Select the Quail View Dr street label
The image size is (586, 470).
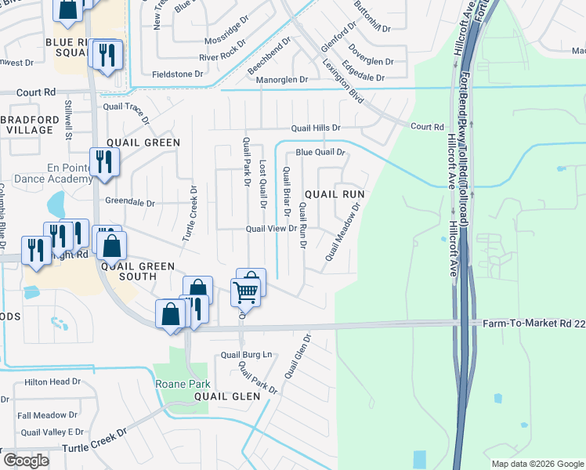[x=270, y=229]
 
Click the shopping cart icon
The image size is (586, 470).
[x=246, y=292]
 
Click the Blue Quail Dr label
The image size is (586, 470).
[x=320, y=153]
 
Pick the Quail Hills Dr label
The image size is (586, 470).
[x=316, y=128]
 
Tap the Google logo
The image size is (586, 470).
[x=26, y=461]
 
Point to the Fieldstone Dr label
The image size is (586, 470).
[x=177, y=74]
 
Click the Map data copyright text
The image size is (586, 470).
[x=537, y=464]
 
